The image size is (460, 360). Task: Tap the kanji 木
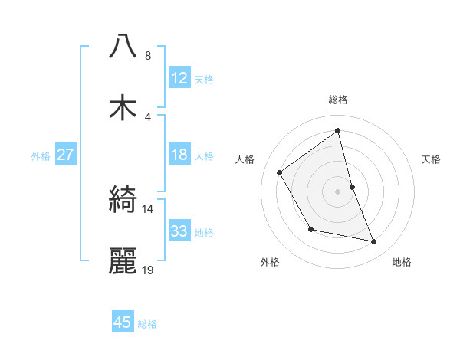pos(123,107)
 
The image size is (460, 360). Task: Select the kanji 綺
pos(123,200)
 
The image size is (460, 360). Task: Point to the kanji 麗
pos(123,261)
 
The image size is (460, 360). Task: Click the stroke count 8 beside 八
pos(148,56)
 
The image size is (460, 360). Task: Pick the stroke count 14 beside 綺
pos(148,208)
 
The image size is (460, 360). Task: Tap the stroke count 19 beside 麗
pos(148,270)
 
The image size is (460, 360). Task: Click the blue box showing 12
pos(179,77)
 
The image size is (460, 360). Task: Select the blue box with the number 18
pos(179,155)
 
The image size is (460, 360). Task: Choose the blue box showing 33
pos(179,231)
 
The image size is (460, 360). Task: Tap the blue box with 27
pos(65,155)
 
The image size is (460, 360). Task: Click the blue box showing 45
pos(122,322)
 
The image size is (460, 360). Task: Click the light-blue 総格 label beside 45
pos(147,324)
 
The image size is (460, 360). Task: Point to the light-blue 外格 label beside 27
pos(41,156)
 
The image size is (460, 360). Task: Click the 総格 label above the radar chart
pos(338,100)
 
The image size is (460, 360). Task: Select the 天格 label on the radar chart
pos(431,159)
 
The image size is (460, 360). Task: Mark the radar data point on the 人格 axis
pos(280,172)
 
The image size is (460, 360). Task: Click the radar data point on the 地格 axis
pos(374,242)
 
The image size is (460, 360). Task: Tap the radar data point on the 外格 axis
pos(310,229)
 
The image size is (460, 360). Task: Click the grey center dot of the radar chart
pos(338,191)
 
